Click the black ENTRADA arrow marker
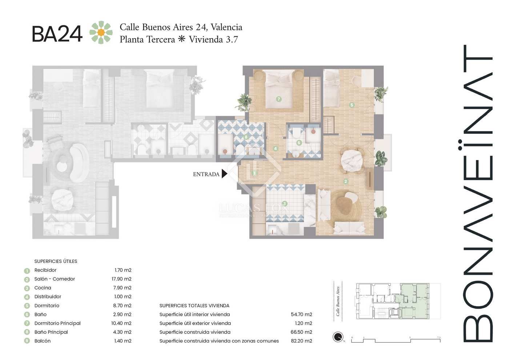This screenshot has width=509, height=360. pyautogui.click(x=224, y=174)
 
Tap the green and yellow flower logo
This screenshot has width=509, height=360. pyautogui.click(x=101, y=33)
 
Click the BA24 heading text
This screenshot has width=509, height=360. pyautogui.click(x=57, y=33)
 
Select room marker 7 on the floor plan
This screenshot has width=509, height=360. pyautogui.click(x=279, y=99)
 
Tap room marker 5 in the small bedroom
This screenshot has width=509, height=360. pyautogui.click(x=352, y=105)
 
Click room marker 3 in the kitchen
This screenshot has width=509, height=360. pyautogui.click(x=285, y=204)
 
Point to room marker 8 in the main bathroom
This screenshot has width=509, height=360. pyautogui.click(x=247, y=137)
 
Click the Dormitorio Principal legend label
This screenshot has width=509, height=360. pyautogui.click(x=57, y=323)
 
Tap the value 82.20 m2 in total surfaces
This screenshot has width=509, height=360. pyautogui.click(x=303, y=341)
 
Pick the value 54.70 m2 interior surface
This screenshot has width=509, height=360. pyautogui.click(x=303, y=315)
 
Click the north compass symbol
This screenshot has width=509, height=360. pyautogui.click(x=338, y=337)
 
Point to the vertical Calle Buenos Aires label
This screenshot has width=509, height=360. pyautogui.click(x=338, y=301)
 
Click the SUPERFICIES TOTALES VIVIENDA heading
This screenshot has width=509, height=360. pyautogui.click(x=195, y=306)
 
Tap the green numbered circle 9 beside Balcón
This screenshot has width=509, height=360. pyautogui.click(x=27, y=341)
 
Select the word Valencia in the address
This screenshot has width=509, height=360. pyautogui.click(x=226, y=27)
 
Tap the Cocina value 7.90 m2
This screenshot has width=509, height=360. pyautogui.click(x=123, y=288)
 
